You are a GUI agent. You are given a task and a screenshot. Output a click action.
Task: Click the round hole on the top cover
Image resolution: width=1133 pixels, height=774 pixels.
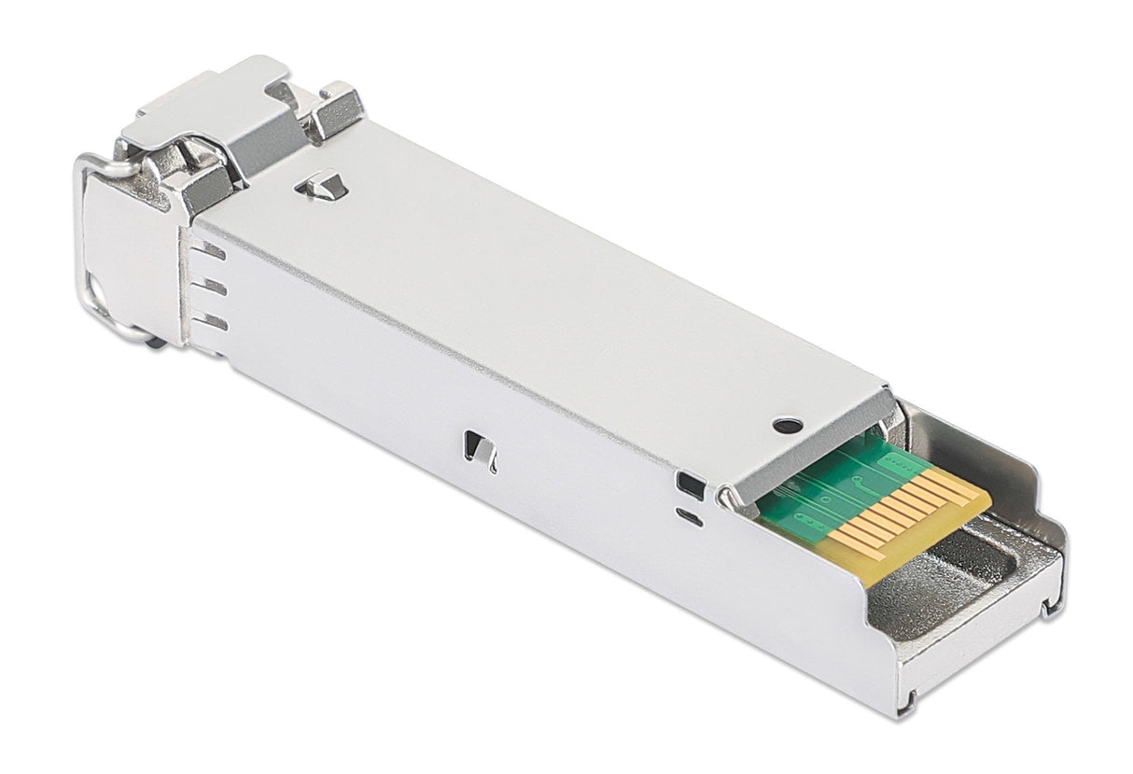pos(788,426)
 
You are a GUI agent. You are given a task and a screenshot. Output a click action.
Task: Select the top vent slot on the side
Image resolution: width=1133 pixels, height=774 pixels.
pos(213,251)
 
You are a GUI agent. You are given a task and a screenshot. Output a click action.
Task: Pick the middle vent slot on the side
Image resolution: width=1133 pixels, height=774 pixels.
pos(214,287)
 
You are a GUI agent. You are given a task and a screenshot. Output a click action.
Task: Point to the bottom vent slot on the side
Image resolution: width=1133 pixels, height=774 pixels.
pos(215,322)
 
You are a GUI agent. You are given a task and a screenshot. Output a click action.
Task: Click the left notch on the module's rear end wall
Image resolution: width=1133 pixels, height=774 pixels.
pos(909,696)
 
